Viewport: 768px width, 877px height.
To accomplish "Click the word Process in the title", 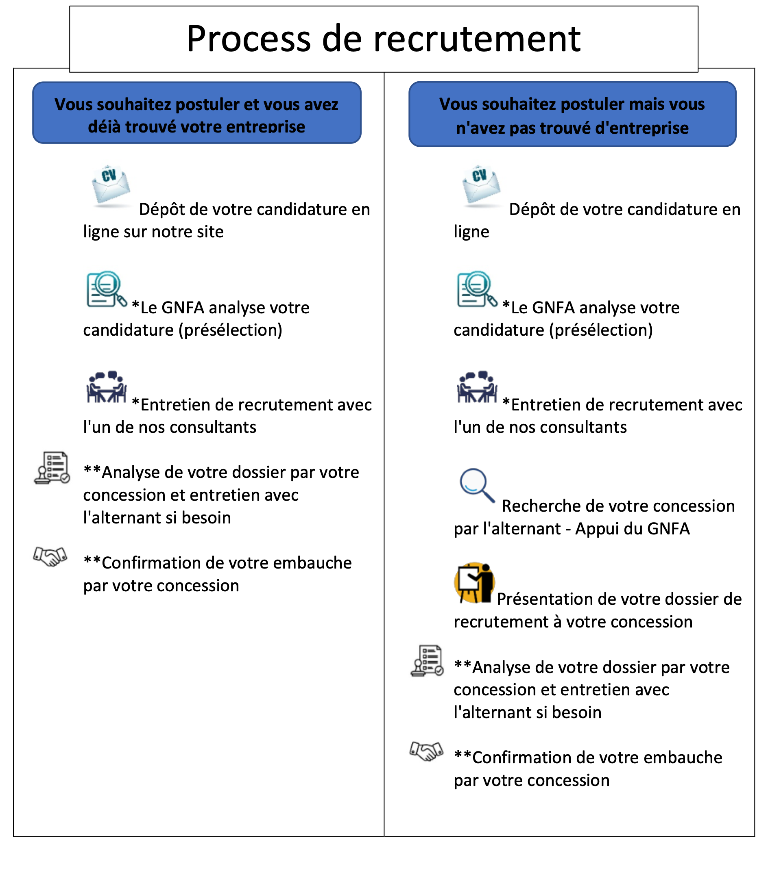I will click(x=248, y=39).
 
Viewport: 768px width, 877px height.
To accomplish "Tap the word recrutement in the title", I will click(x=477, y=39).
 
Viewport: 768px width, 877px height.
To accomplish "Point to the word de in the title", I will click(x=342, y=39).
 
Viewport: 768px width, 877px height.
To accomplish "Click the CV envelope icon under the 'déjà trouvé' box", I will click(x=111, y=187).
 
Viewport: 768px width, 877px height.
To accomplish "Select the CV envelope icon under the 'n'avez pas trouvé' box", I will click(x=481, y=187).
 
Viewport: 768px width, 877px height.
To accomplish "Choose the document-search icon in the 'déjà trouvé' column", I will click(x=107, y=289).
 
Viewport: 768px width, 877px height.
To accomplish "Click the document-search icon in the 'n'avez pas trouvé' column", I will click(x=478, y=289).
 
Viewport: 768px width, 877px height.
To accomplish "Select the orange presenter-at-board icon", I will click(x=474, y=582).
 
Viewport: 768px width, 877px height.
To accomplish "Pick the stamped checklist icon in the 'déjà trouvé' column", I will click(x=52, y=468).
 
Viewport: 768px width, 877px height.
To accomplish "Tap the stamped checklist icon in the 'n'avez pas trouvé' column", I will click(x=427, y=660).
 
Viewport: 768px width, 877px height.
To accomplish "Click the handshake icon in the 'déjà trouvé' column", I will click(x=50, y=558).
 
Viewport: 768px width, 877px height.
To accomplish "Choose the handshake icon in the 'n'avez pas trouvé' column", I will click(x=426, y=752).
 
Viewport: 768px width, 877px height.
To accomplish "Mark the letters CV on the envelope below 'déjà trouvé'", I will click(x=109, y=176).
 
